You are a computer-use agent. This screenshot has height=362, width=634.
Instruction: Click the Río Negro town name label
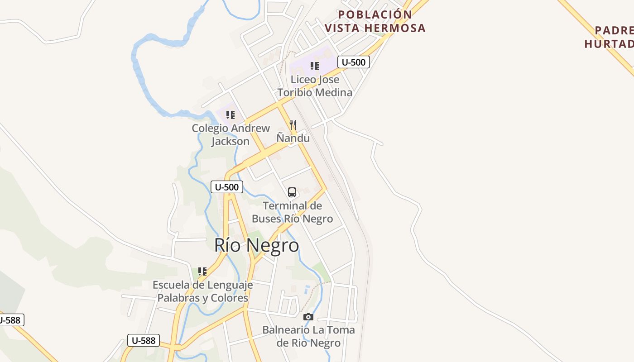tap(256, 245)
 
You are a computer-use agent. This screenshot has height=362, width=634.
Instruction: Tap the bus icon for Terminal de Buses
tap(292, 192)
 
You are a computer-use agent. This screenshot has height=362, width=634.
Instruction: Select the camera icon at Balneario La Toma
tap(308, 317)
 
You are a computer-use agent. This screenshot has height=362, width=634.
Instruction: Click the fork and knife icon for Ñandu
tap(293, 124)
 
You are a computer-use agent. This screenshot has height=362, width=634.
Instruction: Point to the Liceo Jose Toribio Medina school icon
tap(315, 66)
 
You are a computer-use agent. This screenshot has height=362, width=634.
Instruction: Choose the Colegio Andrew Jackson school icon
tap(231, 115)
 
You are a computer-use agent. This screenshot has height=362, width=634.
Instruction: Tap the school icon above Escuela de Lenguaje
tap(202, 271)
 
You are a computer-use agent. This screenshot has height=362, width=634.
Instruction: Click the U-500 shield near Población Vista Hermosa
tap(354, 62)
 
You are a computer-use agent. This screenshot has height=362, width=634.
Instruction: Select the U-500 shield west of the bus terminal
tap(227, 187)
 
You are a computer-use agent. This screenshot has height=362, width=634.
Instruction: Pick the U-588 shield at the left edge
tap(10, 320)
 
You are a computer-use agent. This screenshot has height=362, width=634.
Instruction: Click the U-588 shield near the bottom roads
tap(144, 340)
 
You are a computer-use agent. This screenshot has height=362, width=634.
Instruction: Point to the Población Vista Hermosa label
tap(375, 21)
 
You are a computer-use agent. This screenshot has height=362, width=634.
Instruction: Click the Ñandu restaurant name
tap(293, 138)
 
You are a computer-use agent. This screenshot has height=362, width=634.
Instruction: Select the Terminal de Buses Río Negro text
tap(292, 212)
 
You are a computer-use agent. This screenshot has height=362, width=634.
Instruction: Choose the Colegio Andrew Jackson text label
tap(231, 134)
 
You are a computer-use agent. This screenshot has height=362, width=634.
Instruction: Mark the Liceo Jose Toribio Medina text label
tap(315, 86)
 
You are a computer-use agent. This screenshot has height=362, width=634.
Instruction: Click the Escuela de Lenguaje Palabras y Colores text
tap(202, 291)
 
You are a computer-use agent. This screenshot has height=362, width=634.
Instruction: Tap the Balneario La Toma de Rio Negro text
tap(308, 336)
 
